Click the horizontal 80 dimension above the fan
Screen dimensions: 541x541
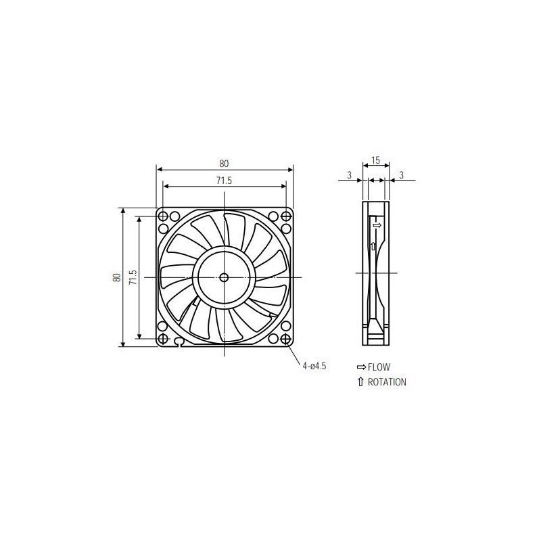tap(224, 164)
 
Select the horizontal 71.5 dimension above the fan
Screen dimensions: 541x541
tap(224, 181)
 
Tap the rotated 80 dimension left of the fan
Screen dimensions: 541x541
tap(117, 277)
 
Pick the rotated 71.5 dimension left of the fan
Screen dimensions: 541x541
tap(133, 277)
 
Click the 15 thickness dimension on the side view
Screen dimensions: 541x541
tap(376, 161)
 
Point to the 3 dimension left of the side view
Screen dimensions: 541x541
tap(349, 176)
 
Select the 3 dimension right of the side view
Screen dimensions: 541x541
tap(402, 176)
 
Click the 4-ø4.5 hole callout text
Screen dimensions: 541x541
tap(314, 366)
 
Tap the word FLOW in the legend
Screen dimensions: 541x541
tap(379, 367)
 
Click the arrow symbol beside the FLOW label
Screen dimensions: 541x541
tap(360, 367)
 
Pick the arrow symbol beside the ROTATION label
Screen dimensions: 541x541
tap(360, 382)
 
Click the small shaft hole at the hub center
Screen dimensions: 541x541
tap(224, 276)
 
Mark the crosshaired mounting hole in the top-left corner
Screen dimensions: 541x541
tap(163, 216)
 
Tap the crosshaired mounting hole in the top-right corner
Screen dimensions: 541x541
tap(285, 216)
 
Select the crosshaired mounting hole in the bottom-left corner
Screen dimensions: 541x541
tap(163, 337)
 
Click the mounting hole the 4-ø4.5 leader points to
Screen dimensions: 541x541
tap(285, 337)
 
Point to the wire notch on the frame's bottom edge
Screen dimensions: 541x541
tap(179, 342)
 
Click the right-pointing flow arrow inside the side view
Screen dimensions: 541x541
tap(377, 225)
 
